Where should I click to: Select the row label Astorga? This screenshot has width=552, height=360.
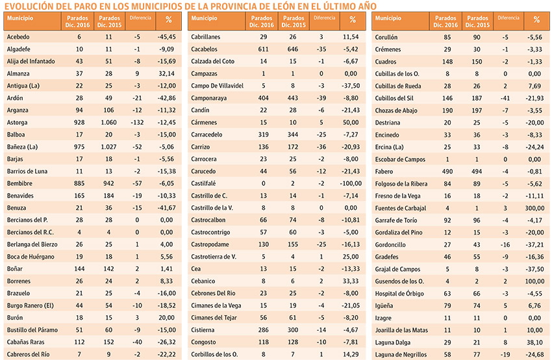click(17, 122)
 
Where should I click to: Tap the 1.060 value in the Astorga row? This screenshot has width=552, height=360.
click(109, 122)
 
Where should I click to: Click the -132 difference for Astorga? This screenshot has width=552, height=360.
click(137, 122)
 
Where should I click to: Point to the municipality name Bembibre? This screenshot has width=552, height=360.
click(19, 183)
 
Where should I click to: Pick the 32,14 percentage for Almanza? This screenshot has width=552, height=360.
click(166, 73)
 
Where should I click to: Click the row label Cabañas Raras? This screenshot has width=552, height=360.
click(26, 342)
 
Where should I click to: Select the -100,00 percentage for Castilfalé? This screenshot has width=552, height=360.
click(351, 183)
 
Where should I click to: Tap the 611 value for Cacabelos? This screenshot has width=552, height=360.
click(263, 49)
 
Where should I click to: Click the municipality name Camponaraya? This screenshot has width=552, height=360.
click(208, 98)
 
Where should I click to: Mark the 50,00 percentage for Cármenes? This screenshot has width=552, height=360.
click(351, 122)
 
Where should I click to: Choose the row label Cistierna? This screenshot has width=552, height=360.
click(203, 329)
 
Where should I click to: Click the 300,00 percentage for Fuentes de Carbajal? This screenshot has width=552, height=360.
click(534, 208)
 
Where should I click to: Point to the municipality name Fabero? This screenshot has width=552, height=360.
click(384, 172)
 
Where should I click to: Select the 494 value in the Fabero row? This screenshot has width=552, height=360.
click(477, 172)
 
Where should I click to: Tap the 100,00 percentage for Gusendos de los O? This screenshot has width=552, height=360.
click(534, 281)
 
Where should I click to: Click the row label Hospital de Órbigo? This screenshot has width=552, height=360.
click(399, 294)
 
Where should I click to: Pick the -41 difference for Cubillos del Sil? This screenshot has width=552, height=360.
click(505, 98)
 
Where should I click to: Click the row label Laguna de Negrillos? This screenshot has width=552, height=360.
click(401, 354)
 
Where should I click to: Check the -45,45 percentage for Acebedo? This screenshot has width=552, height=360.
click(166, 36)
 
